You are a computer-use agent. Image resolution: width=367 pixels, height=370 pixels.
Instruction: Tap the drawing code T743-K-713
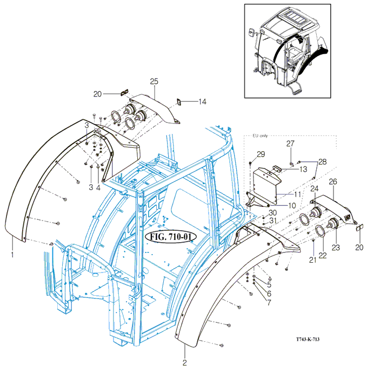311,340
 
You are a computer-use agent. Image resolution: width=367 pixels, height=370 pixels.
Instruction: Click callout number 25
154,81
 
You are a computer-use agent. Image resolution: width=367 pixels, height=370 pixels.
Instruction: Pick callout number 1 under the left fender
12,254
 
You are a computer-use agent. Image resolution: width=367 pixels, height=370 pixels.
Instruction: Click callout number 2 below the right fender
184,362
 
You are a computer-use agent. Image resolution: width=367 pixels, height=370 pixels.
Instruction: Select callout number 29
261,154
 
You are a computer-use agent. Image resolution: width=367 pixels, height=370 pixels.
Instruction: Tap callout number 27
290,144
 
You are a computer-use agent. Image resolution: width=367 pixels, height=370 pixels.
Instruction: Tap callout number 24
313,189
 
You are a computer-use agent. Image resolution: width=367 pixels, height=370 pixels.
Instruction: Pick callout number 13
303,170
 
